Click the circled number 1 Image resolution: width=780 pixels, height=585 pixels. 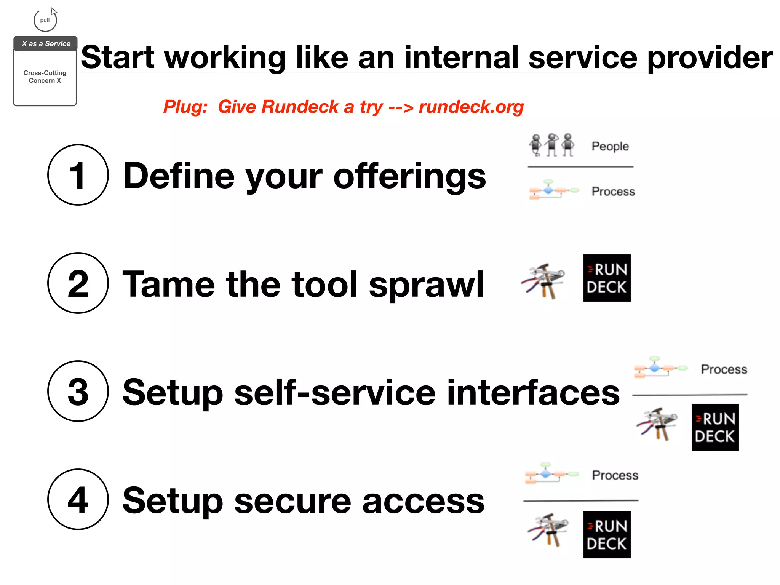coord(78,175)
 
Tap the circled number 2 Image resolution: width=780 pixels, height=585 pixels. coord(78,283)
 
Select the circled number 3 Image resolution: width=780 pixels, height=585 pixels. coord(78,391)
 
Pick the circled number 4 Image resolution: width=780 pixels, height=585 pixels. coord(78,499)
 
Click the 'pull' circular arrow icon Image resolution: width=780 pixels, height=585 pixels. coord(45,20)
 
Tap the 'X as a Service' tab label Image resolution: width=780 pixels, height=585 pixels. coord(46,44)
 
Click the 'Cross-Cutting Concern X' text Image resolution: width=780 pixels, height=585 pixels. coord(45,77)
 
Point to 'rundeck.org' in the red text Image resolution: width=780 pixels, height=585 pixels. coord(471,107)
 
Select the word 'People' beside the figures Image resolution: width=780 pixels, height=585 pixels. coord(610,146)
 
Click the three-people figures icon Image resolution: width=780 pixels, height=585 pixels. coord(551,145)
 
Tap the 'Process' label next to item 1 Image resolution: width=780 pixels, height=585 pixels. coord(613,191)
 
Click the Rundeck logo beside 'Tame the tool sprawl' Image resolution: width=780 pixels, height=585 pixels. coord(607,278)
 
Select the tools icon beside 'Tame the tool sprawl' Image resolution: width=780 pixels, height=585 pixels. coord(543,281)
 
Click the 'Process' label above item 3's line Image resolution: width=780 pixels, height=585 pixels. coord(724,369)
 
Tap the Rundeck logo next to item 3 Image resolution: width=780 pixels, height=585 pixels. coord(715,427)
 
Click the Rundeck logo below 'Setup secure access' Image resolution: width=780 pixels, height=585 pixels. coord(607,535)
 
